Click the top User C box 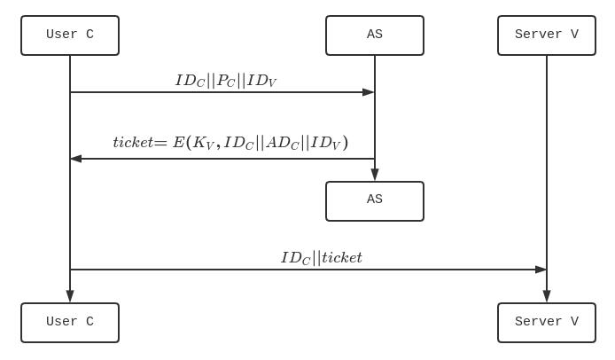click(70, 35)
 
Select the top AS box click(374, 35)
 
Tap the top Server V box click(546, 35)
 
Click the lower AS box click(374, 200)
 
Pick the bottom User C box click(70, 322)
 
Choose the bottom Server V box click(546, 322)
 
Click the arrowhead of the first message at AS click(369, 92)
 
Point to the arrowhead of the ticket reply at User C click(76, 159)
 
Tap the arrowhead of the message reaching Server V click(541, 270)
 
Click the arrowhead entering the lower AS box click(375, 175)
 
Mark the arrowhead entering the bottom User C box click(70, 296)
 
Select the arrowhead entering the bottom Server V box click(547, 296)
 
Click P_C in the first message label click(226, 81)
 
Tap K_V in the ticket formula click(204, 143)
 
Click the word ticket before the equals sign click(133, 142)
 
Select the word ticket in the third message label click(342, 258)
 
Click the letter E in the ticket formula click(178, 142)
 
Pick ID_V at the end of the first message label click(262, 81)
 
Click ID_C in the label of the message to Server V click(295, 258)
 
